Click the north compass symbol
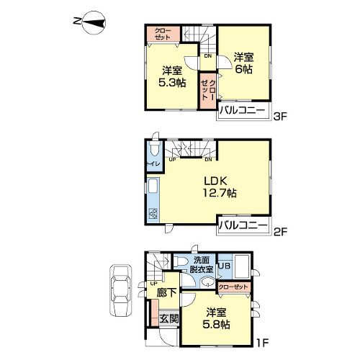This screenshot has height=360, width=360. pos(94,23)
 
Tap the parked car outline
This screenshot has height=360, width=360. pos(121,290)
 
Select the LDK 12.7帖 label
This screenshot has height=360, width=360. pos(220,186)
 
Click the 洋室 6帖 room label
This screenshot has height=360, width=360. pos(243,63)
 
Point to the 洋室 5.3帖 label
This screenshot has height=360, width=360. pos(172,76)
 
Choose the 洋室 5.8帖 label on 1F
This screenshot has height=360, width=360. pos(216,318)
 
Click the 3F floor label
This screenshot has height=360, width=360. pos(280,117)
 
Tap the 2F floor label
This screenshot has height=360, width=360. pos(280,232)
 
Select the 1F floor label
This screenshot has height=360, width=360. pos(262,343)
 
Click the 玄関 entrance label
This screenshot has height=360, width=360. pos(169,319)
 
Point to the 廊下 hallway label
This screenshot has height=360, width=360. pos(166,292)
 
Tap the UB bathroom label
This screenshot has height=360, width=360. pos(225,266)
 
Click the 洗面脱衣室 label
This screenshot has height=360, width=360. pos(202,265)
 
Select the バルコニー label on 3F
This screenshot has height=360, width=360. pos(243,110)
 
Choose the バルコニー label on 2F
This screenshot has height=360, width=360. pos(243,225)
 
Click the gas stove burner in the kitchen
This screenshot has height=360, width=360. pos(153,214)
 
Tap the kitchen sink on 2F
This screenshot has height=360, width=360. pos(153,186)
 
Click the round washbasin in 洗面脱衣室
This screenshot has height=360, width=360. pos(207,282)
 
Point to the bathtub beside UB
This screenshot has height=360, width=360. pos(242,266)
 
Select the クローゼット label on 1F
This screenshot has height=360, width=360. pos(233,287)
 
